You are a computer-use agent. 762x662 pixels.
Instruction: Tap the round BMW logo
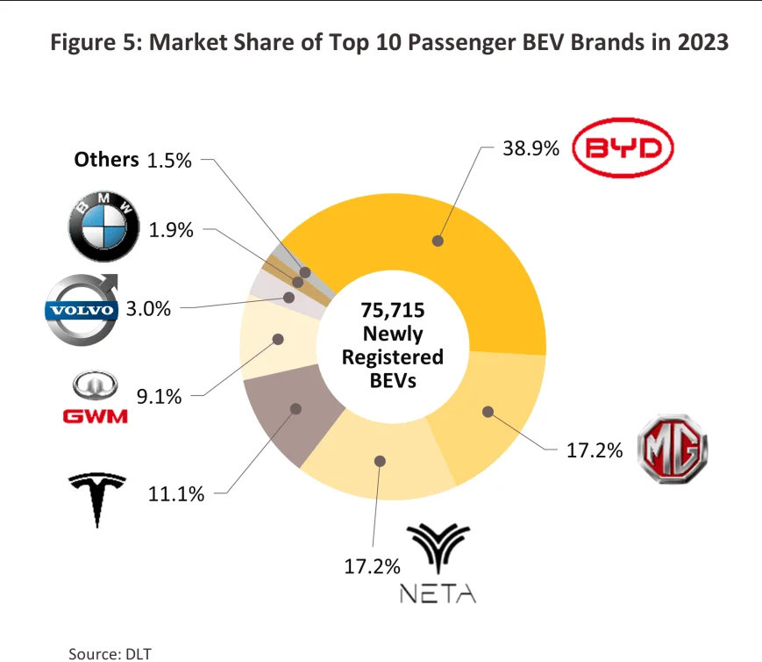click(x=103, y=228)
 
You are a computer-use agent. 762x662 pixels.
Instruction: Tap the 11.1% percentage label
click(x=176, y=493)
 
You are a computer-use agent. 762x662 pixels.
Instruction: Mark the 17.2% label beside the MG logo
click(x=595, y=451)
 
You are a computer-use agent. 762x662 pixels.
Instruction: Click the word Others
click(x=106, y=159)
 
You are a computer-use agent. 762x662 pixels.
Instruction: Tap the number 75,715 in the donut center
click(x=392, y=312)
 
